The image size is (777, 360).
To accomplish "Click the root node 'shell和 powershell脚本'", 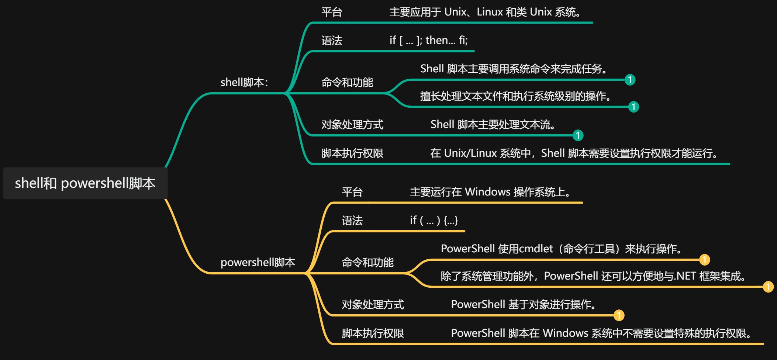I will click(x=85, y=183).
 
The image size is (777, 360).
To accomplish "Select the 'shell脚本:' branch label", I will click(x=244, y=82).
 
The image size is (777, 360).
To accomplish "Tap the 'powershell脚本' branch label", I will click(x=258, y=262).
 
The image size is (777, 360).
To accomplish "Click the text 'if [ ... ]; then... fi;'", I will click(x=428, y=40).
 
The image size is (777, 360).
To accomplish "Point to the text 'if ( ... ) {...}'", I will click(x=434, y=220).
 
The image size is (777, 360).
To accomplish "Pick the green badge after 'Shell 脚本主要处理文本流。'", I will click(x=578, y=135).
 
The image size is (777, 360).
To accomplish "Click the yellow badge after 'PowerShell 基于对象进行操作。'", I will click(x=619, y=315).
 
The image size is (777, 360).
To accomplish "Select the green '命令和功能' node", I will click(x=347, y=82).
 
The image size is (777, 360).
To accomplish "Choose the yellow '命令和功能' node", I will click(x=367, y=262).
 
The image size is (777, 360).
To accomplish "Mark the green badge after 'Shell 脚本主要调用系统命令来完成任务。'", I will click(x=630, y=80).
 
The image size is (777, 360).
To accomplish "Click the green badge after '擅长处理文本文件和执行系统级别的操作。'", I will click(x=633, y=107).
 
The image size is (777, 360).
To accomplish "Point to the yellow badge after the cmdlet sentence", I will click(x=704, y=260).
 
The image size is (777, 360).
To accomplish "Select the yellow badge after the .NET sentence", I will click(x=768, y=287).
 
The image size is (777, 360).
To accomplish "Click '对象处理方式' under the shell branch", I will click(x=352, y=125).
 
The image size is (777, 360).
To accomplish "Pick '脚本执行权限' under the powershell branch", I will click(x=373, y=333).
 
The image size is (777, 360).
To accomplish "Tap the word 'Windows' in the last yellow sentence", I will click(x=565, y=333).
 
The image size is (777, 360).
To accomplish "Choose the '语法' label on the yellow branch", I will click(x=352, y=221).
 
